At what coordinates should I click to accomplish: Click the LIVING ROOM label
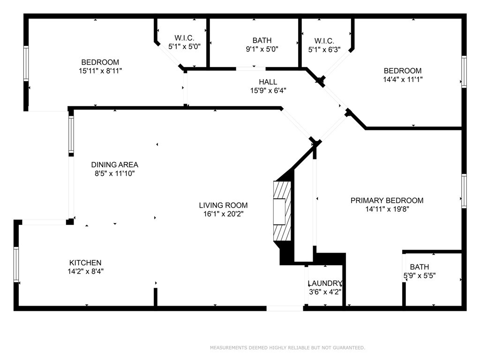223,205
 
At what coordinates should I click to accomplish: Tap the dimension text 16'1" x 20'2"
224,214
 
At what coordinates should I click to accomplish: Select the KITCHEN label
85,262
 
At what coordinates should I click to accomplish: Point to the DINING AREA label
114,165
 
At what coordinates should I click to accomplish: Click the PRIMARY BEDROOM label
387,201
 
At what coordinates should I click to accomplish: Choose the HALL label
268,82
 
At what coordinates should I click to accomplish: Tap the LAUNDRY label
325,283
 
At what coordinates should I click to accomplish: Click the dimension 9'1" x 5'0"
262,49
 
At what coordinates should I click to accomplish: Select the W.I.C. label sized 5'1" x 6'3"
324,41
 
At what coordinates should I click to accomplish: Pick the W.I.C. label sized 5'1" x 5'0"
184,38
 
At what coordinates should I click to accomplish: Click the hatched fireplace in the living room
282,211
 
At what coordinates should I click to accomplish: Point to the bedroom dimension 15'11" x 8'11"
100,71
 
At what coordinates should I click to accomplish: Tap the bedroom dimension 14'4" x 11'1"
403,79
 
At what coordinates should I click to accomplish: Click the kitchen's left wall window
16,264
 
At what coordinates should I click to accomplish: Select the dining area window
71,135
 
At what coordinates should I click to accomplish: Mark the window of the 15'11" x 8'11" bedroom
26,63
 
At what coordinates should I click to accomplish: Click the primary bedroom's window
464,191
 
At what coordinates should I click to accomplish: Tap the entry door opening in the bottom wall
285,308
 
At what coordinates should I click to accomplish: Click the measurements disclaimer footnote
287,347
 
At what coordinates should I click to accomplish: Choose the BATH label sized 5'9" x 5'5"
420,267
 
